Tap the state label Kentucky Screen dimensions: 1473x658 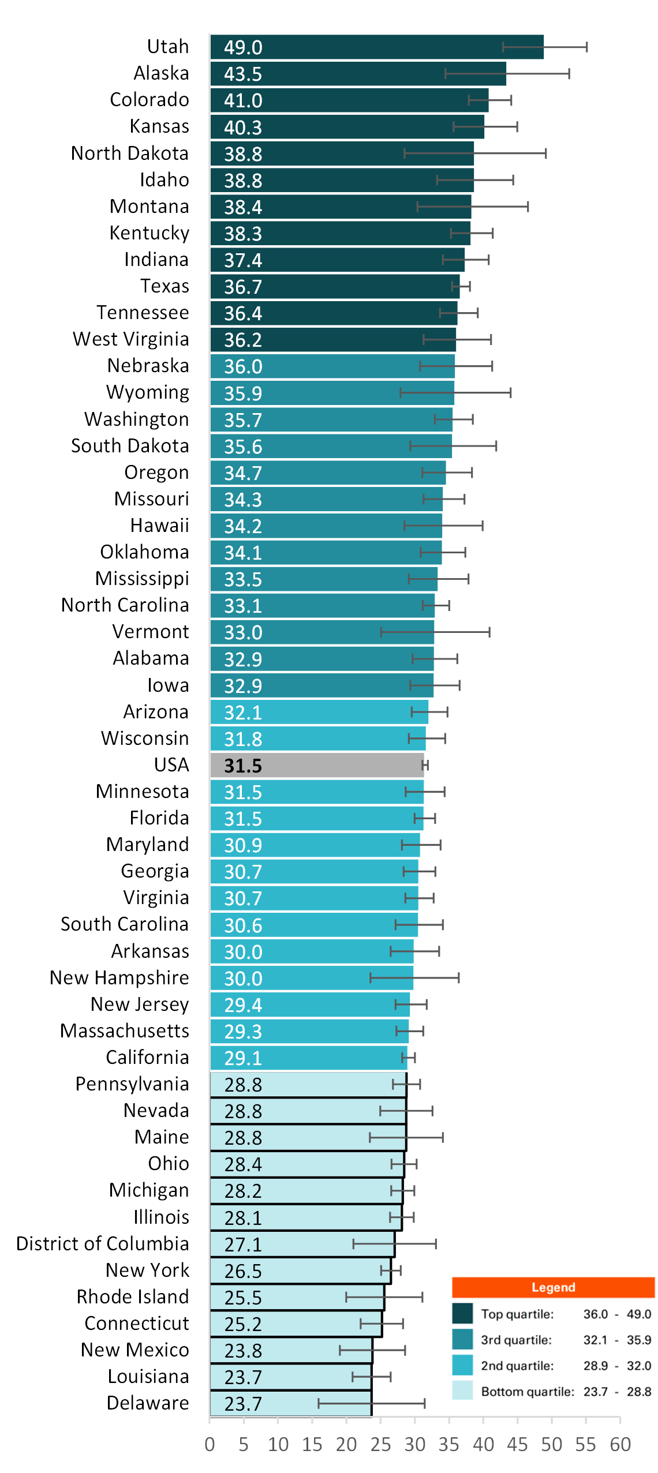[149, 233]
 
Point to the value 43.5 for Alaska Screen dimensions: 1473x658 [243, 74]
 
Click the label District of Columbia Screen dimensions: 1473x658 [103, 1243]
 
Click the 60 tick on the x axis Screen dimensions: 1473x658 [620, 1444]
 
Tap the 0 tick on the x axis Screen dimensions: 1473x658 [210, 1444]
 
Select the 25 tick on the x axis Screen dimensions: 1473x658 [380, 1444]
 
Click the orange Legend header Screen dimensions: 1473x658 [553, 1287]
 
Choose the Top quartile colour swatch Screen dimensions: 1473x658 [462, 1314]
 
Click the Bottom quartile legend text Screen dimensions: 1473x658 [528, 1391]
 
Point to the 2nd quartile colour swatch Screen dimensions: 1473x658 [462, 1365]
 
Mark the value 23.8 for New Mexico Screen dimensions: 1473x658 [243, 1351]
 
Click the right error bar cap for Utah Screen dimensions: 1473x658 [586, 47]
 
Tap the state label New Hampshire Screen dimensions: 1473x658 [119, 977]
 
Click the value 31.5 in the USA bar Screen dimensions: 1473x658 [243, 766]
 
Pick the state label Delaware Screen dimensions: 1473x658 [148, 1403]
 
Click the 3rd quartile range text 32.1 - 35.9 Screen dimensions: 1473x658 [617, 1340]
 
